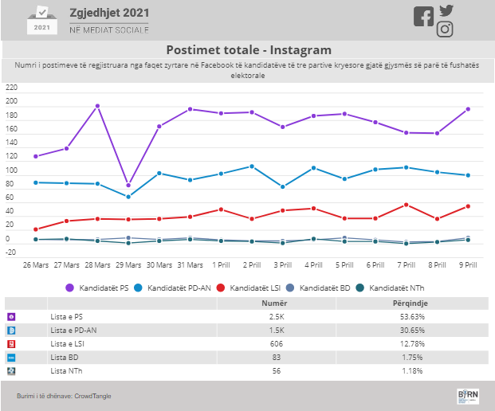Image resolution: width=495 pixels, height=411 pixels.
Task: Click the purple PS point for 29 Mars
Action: click(x=128, y=185)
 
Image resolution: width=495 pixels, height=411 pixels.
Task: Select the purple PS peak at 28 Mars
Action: click(x=97, y=106)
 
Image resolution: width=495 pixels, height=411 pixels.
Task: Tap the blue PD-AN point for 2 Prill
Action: click(x=252, y=166)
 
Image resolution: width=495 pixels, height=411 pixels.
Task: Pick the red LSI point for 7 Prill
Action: click(x=407, y=205)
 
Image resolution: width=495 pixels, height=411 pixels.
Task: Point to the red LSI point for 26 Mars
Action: click(x=36, y=229)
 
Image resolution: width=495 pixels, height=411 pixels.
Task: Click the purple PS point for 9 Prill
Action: click(x=468, y=109)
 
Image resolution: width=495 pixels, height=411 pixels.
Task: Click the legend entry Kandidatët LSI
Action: click(x=249, y=288)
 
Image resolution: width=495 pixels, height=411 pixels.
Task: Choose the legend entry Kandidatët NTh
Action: click(x=390, y=288)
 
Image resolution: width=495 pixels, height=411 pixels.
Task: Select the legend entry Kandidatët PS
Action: click(x=97, y=288)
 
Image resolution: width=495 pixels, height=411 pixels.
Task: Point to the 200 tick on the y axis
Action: click(x=11, y=101)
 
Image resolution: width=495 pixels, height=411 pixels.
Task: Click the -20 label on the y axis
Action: click(x=10, y=252)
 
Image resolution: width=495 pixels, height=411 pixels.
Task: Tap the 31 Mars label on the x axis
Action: click(x=190, y=265)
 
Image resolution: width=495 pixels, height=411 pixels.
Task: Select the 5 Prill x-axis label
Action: click(x=344, y=265)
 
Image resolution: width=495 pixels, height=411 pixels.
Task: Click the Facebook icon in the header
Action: click(x=423, y=17)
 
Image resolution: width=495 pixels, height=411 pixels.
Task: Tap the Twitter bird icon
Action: click(x=446, y=10)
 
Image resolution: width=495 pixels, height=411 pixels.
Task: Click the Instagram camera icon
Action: click(x=445, y=29)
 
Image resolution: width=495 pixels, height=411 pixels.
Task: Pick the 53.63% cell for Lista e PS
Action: click(x=412, y=317)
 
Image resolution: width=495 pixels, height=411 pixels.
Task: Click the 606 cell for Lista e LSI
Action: click(x=277, y=344)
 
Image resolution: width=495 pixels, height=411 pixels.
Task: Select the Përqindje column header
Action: click(x=411, y=303)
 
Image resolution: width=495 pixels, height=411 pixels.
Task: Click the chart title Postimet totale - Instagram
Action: click(x=249, y=50)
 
